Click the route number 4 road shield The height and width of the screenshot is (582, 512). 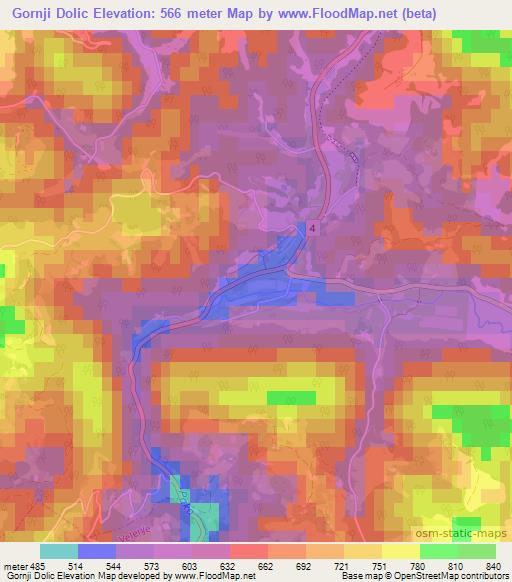(x=313, y=229)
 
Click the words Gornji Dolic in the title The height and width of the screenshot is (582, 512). (x=53, y=13)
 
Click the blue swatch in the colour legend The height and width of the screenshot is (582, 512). (x=95, y=552)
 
